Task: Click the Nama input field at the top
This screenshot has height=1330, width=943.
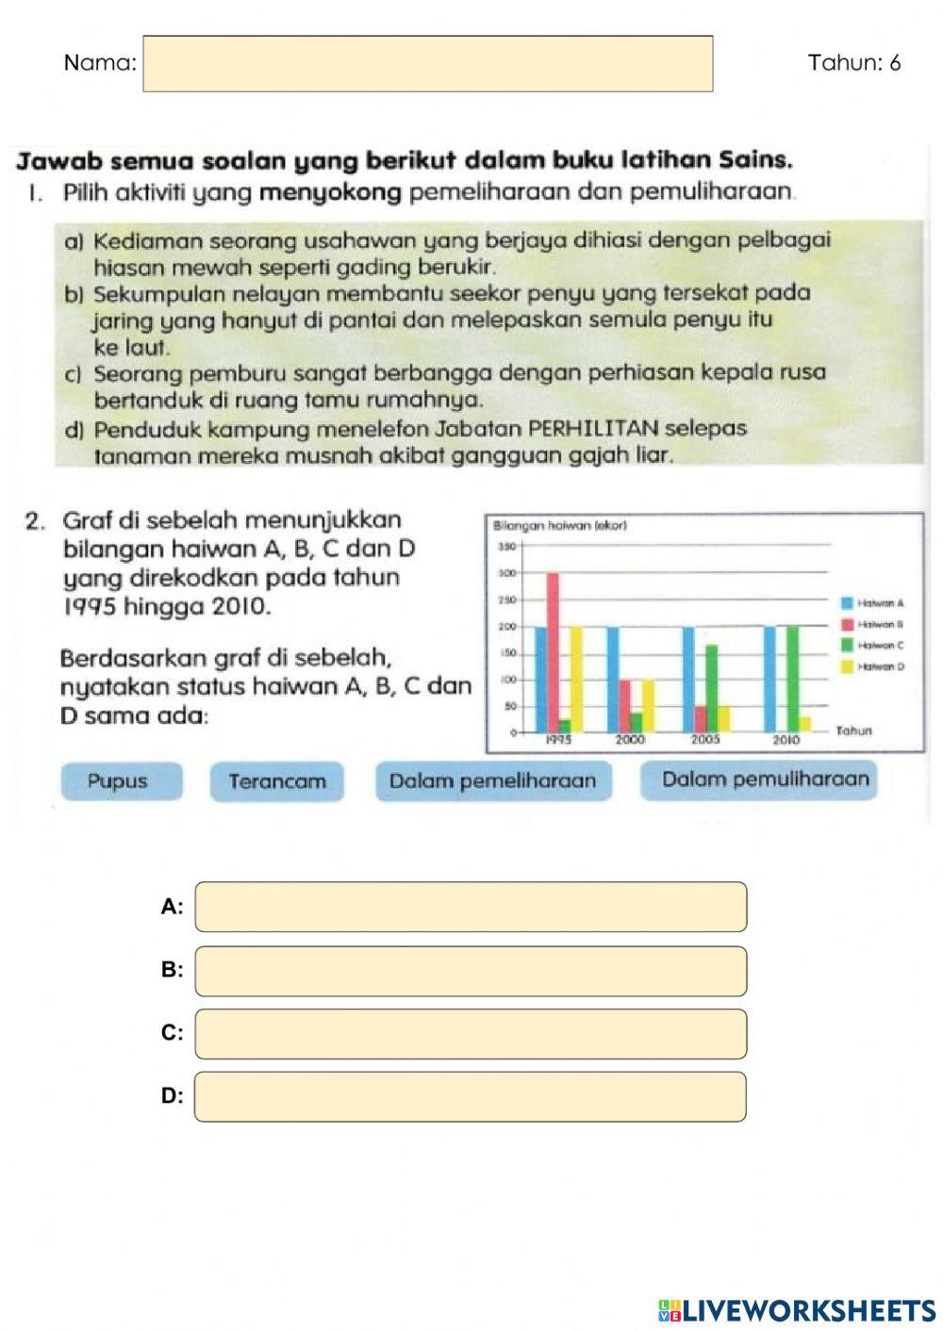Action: tap(427, 64)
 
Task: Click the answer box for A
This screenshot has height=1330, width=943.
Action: tap(471, 907)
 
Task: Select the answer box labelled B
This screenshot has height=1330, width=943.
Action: tap(471, 971)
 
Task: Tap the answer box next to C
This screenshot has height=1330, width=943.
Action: tap(471, 1034)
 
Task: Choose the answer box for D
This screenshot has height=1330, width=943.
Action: tap(471, 1096)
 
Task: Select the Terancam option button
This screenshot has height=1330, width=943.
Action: tap(276, 781)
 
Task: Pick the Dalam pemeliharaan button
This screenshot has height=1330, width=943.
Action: tap(492, 781)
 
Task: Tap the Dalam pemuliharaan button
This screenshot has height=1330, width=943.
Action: tap(760, 780)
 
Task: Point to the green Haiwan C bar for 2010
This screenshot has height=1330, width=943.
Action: tap(792, 679)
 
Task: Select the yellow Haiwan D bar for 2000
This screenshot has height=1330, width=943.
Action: tap(648, 706)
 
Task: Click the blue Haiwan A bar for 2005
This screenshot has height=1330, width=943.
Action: tap(688, 679)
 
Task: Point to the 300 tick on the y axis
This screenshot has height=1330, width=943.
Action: tap(505, 573)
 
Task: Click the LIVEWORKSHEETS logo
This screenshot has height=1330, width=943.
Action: tap(797, 1310)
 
